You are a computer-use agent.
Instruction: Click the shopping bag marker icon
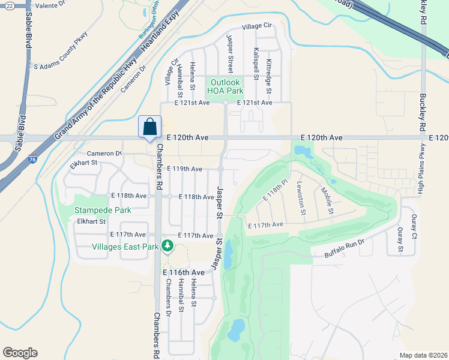(x=149, y=127)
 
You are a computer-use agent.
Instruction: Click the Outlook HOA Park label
(x=225, y=86)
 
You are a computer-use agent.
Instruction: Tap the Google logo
(x=20, y=353)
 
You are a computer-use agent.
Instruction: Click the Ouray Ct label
(x=414, y=227)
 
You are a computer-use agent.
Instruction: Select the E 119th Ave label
(x=184, y=169)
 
